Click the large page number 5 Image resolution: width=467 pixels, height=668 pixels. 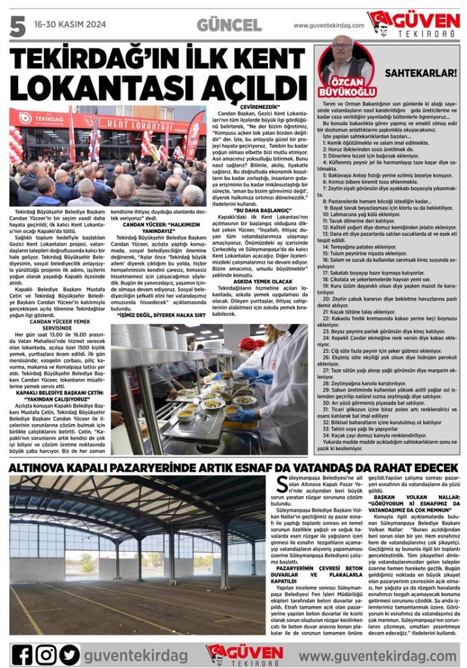coord(16,25)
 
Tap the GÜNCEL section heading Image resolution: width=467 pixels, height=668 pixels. coord(229,25)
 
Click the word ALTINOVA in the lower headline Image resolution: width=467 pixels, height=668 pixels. coord(45,468)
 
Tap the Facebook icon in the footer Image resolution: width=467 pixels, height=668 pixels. coord(22,654)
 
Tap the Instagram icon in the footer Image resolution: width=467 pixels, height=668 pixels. coord(46,654)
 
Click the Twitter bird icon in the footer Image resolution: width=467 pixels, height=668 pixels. coord(68,654)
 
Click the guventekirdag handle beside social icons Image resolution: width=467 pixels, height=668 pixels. coord(135,654)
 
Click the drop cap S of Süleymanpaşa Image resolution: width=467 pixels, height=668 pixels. coord(274,483)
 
